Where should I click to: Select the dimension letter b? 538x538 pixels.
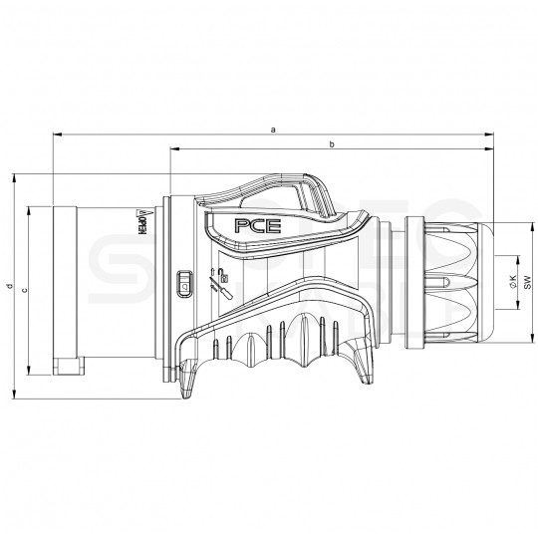coord(332,145)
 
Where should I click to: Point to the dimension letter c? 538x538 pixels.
coord(24,289)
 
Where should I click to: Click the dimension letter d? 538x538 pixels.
coord(8,289)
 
